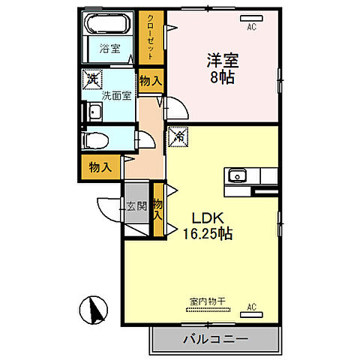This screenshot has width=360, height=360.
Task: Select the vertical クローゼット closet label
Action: pyautogui.click(x=150, y=37)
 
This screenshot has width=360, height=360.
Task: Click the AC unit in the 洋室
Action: pyautogui.click(x=250, y=17)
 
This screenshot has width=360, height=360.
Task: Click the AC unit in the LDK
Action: pyautogui.click(x=250, y=308)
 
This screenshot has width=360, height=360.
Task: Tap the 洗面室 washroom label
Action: pyautogui.click(x=116, y=94)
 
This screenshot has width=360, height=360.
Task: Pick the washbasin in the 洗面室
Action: pyautogui.click(x=94, y=113)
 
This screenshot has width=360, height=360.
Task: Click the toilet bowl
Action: pyautogui.click(x=96, y=140)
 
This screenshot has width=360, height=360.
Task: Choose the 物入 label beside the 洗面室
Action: pyautogui.click(x=149, y=80)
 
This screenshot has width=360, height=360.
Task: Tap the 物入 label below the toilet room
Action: pyautogui.click(x=100, y=167)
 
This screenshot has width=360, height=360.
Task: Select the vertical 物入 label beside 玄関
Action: pyautogui.click(x=158, y=209)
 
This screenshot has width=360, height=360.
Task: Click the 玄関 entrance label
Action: pyautogui.click(x=136, y=206)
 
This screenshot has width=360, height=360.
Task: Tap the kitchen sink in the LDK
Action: pyautogui.click(x=237, y=176)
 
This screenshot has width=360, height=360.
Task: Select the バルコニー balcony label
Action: pyautogui.click(x=215, y=340)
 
